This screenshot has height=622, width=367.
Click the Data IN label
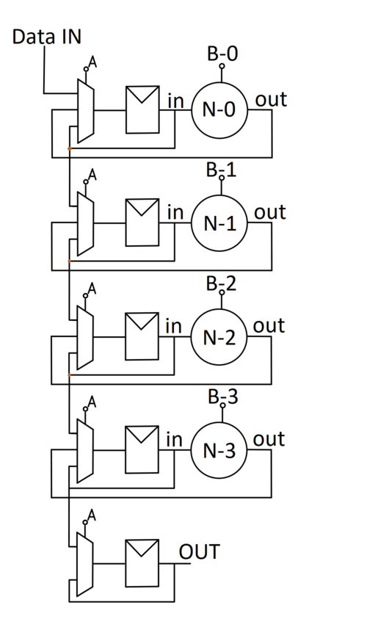coord(46,37)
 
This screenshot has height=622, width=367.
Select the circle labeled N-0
coord(219,110)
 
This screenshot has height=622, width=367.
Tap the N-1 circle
coord(219,224)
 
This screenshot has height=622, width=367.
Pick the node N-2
coord(219,337)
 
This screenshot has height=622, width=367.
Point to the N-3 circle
coord(219,450)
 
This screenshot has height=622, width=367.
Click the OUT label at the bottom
coord(199,551)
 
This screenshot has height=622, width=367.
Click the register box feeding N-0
coord(142,110)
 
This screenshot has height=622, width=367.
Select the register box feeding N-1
coord(142,223)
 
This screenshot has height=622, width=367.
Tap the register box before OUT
coord(142,563)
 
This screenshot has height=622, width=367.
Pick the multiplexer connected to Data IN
coord(86,111)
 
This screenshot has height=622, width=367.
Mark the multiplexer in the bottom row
coord(86,564)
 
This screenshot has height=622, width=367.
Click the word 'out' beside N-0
coord(270,99)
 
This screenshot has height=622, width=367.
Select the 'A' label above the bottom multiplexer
coord(92,515)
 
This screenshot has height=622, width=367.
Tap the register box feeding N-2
coord(142,336)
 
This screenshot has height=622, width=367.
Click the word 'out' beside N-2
coord(269,325)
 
